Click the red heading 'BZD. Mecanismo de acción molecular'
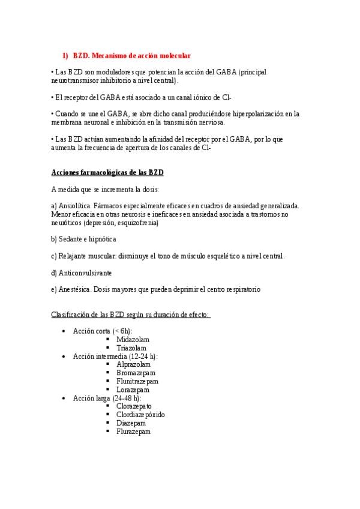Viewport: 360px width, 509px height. coord(131,56)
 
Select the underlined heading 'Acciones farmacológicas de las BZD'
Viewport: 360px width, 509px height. coord(108,173)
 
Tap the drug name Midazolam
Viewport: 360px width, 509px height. coord(133,339)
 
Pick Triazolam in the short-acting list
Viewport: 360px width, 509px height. coord(132,348)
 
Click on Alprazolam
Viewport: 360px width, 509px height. coord(133,364)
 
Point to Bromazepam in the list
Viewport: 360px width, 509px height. coord(134,373)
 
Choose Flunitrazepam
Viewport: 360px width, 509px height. coord(137,381)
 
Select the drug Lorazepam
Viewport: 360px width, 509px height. coord(133,390)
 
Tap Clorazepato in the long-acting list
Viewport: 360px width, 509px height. coord(134,406)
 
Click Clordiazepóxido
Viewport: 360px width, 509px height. coord(140,415)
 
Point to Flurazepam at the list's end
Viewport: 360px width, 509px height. coord(133,432)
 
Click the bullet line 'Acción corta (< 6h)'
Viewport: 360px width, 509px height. coord(103,331)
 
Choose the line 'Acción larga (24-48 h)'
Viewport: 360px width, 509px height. coord(107,398)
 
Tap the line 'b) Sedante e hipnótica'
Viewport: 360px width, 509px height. coord(84,239)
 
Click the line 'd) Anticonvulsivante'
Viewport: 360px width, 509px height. coord(82,273)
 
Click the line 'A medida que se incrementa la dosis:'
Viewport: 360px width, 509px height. coord(105,190)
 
